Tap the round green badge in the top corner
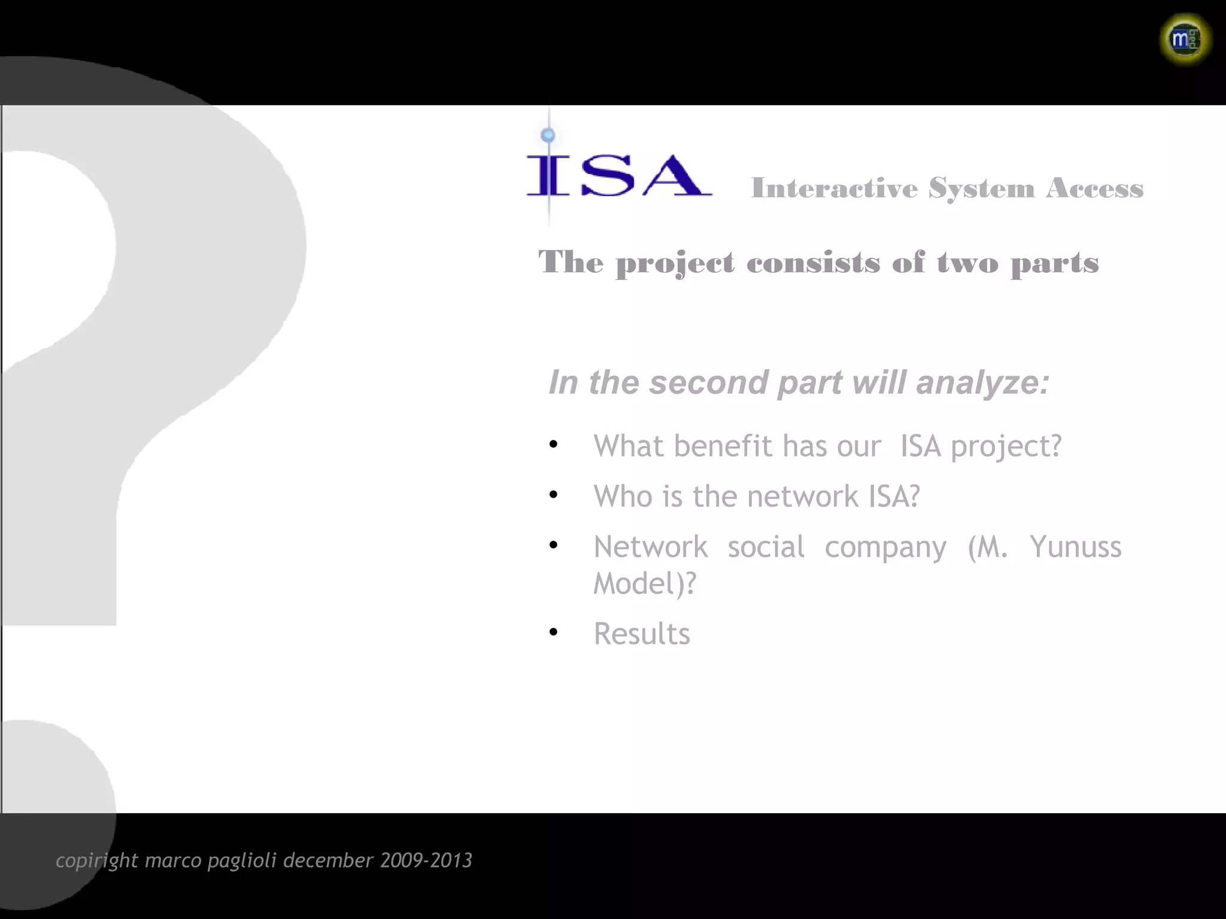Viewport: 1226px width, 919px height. point(1185,39)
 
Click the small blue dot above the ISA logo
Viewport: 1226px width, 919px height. point(548,135)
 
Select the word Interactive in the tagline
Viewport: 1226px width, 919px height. point(834,188)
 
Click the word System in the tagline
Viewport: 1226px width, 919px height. point(981,189)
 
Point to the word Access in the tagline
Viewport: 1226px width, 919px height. point(1095,188)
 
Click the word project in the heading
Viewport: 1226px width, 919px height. point(675,263)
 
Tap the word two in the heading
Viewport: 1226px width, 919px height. point(967,263)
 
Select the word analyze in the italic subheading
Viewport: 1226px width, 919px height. point(982,382)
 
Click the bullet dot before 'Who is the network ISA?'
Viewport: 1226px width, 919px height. point(553,495)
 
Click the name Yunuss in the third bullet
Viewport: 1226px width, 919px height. point(1075,547)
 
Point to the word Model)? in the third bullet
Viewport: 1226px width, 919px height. point(645,583)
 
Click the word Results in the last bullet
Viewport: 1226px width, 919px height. point(642,634)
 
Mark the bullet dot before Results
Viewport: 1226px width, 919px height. point(553,632)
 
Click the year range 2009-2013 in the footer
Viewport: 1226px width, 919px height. point(426,860)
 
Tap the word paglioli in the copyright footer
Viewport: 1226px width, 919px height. point(242,860)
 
